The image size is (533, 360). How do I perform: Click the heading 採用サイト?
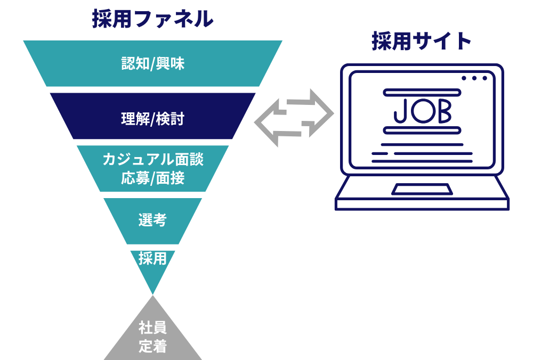tap(421, 41)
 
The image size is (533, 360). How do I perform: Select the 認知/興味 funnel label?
tap(153, 63)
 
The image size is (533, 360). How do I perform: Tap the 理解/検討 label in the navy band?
tap(153, 119)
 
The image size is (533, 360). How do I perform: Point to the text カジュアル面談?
tap(153, 159)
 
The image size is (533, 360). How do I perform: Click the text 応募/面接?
tap(153, 178)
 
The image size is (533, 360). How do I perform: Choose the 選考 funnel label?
tap(152, 220)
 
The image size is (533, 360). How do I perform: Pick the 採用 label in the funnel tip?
tap(152, 259)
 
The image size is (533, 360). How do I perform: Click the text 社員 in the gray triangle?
tap(152, 328)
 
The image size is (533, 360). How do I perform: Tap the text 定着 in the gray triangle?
tap(152, 346)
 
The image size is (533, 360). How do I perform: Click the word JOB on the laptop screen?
tap(423, 111)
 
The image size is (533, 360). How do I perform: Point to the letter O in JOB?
tap(423, 111)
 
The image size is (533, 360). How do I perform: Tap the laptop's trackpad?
tap(422, 189)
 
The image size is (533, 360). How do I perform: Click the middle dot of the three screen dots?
tap(474, 78)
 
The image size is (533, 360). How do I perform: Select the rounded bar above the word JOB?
tap(422, 92)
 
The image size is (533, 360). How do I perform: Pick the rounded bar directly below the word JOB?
tap(422, 130)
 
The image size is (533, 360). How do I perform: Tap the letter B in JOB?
tap(445, 111)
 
